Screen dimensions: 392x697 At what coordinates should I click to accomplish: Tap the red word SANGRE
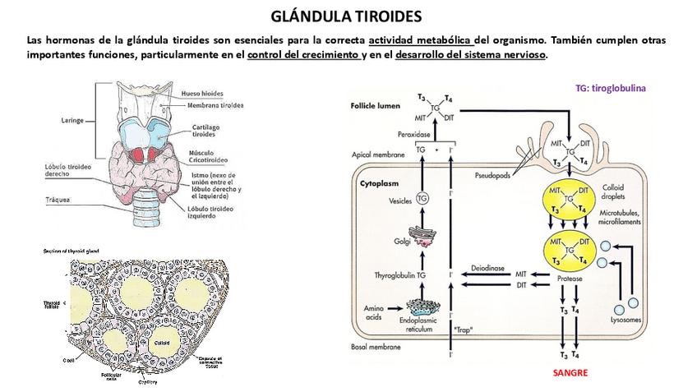point(571,372)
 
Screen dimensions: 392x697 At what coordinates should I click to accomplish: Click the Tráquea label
point(58,200)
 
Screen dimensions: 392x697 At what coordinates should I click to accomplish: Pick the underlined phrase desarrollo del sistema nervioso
point(470,55)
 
